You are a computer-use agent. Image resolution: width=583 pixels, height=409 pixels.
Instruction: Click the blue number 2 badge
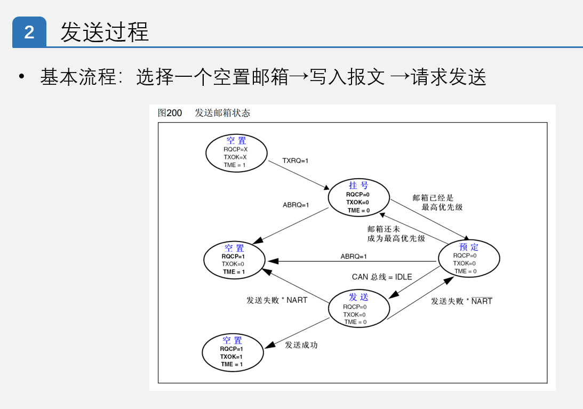[29, 33]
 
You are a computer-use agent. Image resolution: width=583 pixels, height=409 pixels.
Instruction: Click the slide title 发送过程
[104, 33]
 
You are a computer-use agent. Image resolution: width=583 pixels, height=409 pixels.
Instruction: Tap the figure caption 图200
[170, 113]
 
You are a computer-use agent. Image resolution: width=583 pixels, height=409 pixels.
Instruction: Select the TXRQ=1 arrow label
[296, 161]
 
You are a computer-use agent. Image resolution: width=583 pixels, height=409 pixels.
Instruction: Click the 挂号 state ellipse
[358, 197]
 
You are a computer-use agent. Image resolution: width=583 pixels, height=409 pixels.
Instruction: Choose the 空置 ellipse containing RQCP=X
[236, 153]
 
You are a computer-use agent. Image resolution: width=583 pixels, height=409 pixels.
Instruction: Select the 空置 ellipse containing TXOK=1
[233, 352]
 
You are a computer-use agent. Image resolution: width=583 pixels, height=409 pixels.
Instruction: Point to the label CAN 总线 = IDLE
[382, 277]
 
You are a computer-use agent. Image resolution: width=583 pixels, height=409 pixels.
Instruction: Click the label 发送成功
[301, 345]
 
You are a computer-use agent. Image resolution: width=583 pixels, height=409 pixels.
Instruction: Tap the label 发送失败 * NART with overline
[461, 301]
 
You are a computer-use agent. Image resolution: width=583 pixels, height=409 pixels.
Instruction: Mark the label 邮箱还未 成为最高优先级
[396, 234]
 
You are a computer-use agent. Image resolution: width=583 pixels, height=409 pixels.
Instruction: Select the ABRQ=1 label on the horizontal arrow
[354, 256]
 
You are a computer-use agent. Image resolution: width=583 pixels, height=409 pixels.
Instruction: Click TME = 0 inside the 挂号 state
[358, 211]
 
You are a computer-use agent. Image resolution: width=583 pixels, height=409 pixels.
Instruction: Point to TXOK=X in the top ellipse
[235, 157]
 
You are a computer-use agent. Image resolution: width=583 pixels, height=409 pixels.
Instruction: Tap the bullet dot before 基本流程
[21, 77]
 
